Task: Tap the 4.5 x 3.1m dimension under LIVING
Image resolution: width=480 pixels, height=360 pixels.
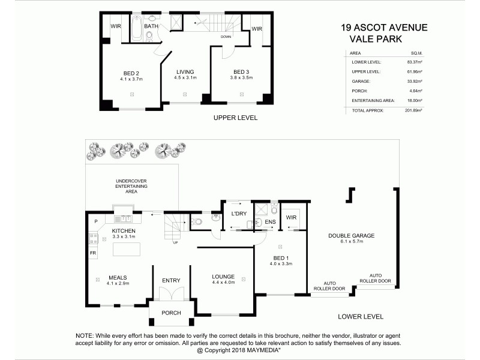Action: (185, 78)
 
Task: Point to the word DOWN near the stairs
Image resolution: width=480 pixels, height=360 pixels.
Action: (226, 37)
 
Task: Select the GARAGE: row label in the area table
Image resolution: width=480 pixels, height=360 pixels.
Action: (361, 81)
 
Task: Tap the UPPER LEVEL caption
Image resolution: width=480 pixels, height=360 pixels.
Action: (235, 118)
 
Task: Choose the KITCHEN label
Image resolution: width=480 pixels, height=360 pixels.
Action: (124, 230)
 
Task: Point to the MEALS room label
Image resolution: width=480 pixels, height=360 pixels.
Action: (117, 277)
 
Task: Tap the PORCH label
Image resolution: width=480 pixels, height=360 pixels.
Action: (171, 313)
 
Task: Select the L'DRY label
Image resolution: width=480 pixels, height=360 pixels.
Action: (239, 214)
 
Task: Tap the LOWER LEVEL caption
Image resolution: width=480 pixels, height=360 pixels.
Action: (360, 316)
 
